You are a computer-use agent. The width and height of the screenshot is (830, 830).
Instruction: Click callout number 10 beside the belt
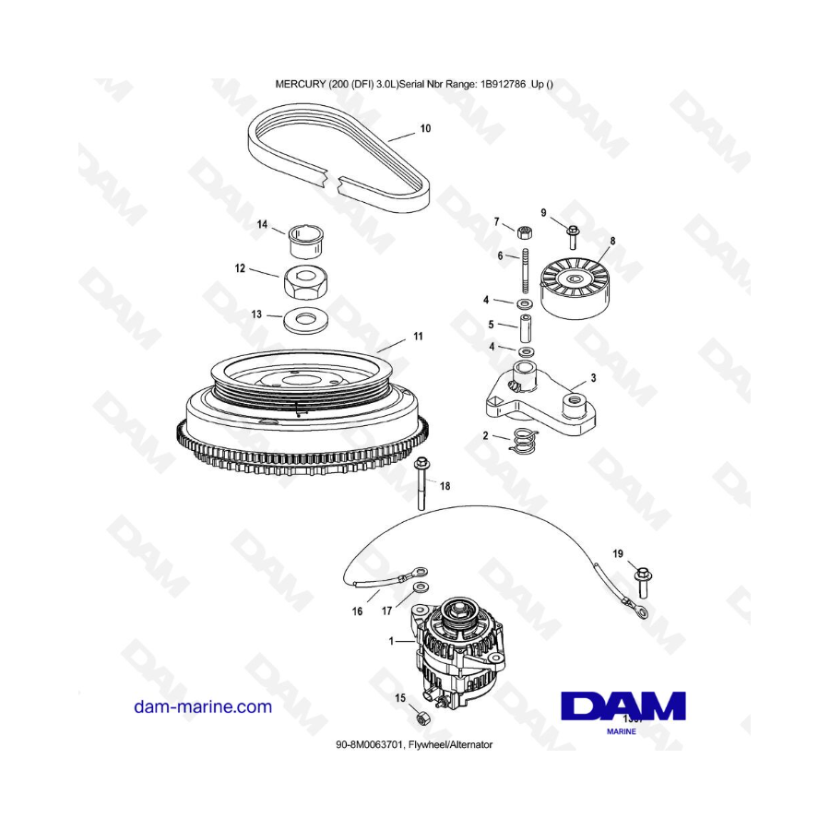coord(425,128)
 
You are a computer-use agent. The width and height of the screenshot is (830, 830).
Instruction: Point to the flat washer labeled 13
coord(304,321)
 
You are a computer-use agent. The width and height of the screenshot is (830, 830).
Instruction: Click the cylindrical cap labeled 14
coord(306,241)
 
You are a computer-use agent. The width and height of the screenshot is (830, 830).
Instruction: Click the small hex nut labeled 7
coord(524,231)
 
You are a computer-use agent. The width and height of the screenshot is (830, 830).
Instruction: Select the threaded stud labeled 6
coord(526,270)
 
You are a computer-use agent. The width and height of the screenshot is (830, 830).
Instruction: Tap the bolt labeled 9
coord(572,238)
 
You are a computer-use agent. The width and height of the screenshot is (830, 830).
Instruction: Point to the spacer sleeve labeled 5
coord(525,328)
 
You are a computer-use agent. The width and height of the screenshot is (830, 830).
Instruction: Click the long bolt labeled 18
coord(421,483)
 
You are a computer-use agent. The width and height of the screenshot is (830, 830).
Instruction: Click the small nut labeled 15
coord(423,717)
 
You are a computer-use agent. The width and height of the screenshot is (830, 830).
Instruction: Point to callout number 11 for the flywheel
coord(418,336)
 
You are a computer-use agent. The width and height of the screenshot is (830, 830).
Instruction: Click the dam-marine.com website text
coord(203,706)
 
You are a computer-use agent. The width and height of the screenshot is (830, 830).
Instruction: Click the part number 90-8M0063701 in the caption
coord(371,745)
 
